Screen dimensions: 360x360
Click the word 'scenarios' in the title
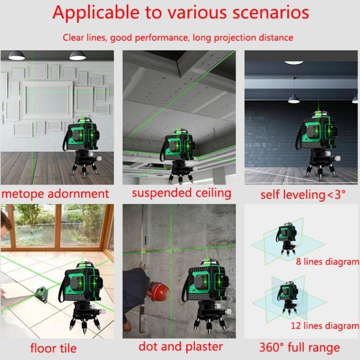click(x=271, y=13)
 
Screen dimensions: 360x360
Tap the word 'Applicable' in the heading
click(x=96, y=13)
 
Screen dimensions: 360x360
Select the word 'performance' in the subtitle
click(x=162, y=38)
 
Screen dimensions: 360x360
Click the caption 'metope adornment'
click(x=55, y=194)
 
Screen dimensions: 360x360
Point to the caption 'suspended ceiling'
click(x=182, y=193)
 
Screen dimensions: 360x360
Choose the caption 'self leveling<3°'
click(x=302, y=195)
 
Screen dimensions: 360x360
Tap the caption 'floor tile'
click(x=53, y=348)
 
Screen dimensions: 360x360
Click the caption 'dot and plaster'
click(x=181, y=347)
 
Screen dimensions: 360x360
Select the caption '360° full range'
click(x=300, y=347)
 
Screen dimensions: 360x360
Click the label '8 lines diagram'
click(x=328, y=262)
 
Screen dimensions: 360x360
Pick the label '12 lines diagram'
click(x=325, y=325)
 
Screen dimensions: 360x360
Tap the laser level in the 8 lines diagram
click(x=287, y=238)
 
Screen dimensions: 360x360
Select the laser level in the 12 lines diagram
click(x=288, y=298)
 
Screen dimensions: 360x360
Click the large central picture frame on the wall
click(x=47, y=100)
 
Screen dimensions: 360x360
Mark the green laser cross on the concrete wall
click(x=171, y=250)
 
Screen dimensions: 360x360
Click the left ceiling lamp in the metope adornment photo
click(x=17, y=55)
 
